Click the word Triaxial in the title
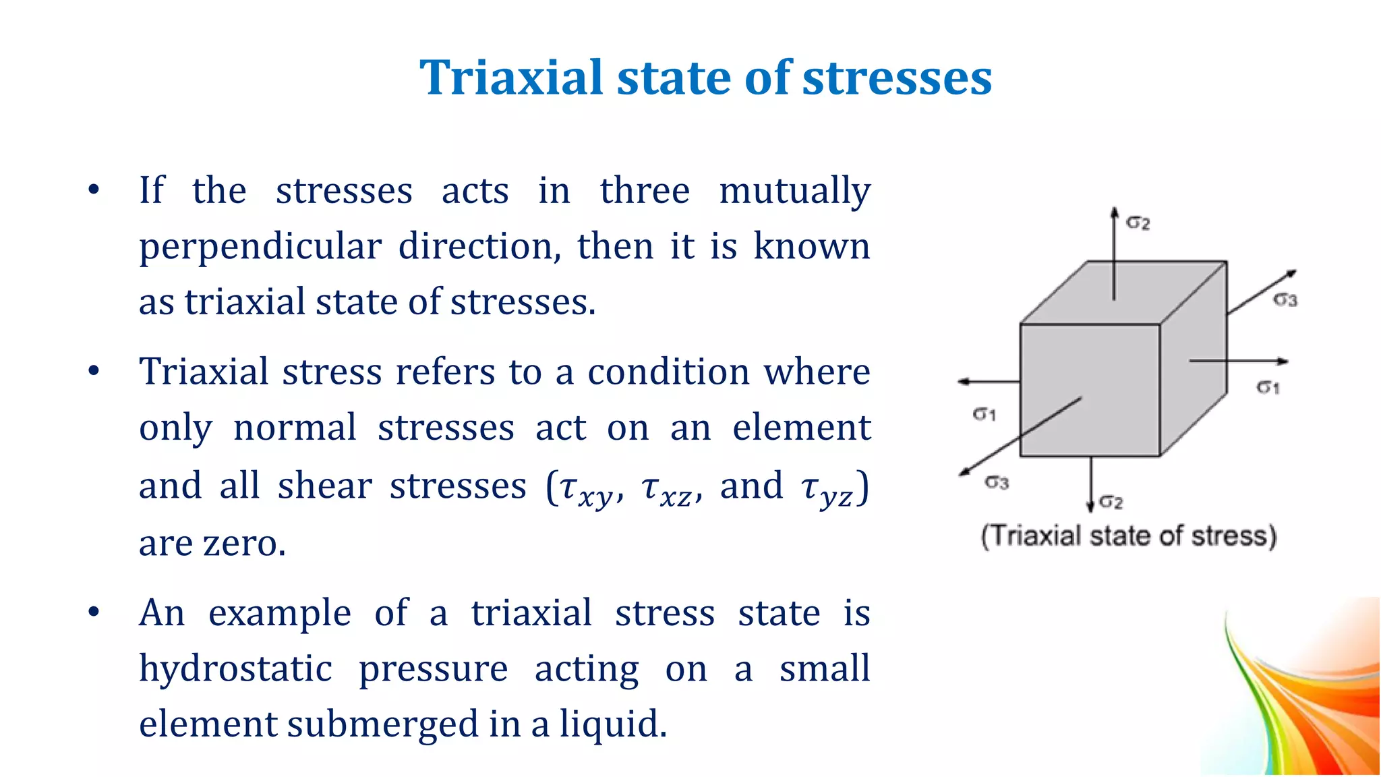tap(510, 78)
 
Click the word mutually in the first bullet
tap(794, 191)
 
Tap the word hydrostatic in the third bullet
tap(235, 669)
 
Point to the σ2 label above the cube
tap(1138, 223)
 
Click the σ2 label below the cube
tap(1111, 502)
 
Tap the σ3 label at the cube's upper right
tap(1285, 299)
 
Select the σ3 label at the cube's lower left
tap(997, 482)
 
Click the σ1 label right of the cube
tap(1268, 387)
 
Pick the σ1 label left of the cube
tap(985, 413)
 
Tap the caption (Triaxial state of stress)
tap(1128, 536)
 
